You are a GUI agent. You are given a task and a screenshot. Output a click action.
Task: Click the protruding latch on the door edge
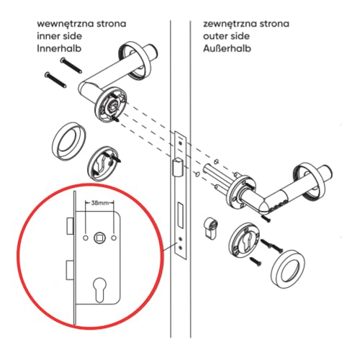(175, 168)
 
